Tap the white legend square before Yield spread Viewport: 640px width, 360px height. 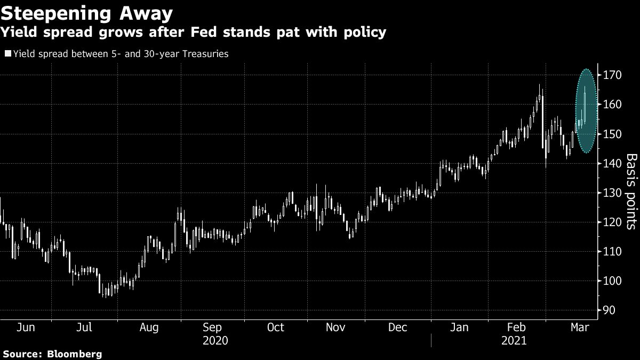pos(7,54)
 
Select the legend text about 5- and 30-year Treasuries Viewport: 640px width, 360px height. pos(121,54)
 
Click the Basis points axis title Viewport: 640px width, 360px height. pos(631,191)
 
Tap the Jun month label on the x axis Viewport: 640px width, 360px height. pos(26,327)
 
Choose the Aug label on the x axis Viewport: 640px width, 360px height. pos(149,327)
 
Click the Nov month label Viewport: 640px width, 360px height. pos(337,327)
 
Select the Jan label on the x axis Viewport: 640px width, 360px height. pos(459,327)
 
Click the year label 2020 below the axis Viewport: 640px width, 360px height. pos(216,340)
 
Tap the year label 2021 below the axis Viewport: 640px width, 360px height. pos(514,340)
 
